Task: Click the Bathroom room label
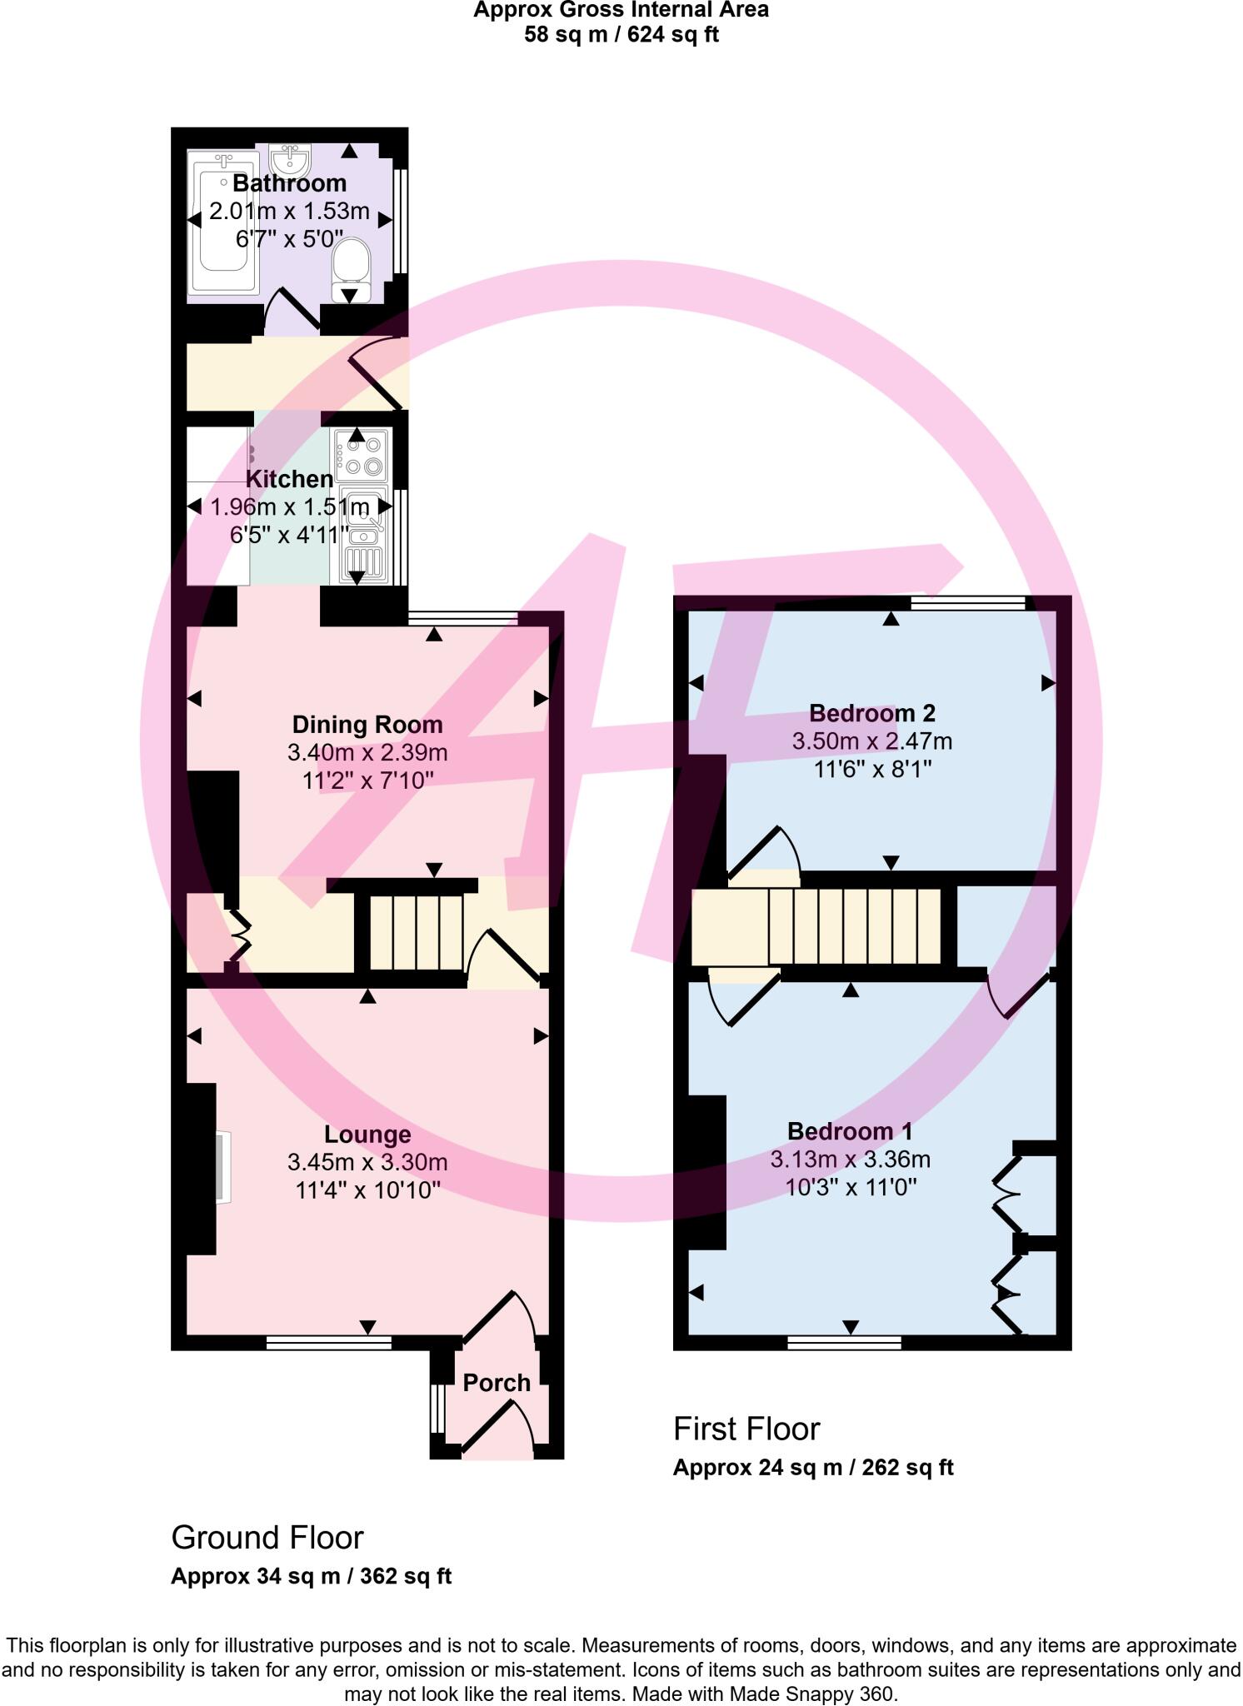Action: click(289, 183)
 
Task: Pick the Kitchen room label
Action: click(289, 479)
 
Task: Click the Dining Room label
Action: click(367, 725)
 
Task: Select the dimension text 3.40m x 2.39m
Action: click(367, 753)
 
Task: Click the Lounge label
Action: click(367, 1135)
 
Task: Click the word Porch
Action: click(497, 1383)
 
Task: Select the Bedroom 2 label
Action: click(872, 713)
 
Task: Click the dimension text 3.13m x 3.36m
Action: click(851, 1160)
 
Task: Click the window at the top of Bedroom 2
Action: click(967, 603)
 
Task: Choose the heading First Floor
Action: click(746, 1429)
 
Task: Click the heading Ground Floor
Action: click(267, 1538)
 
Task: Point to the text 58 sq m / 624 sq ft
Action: click(621, 35)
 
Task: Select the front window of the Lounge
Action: click(328, 1342)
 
